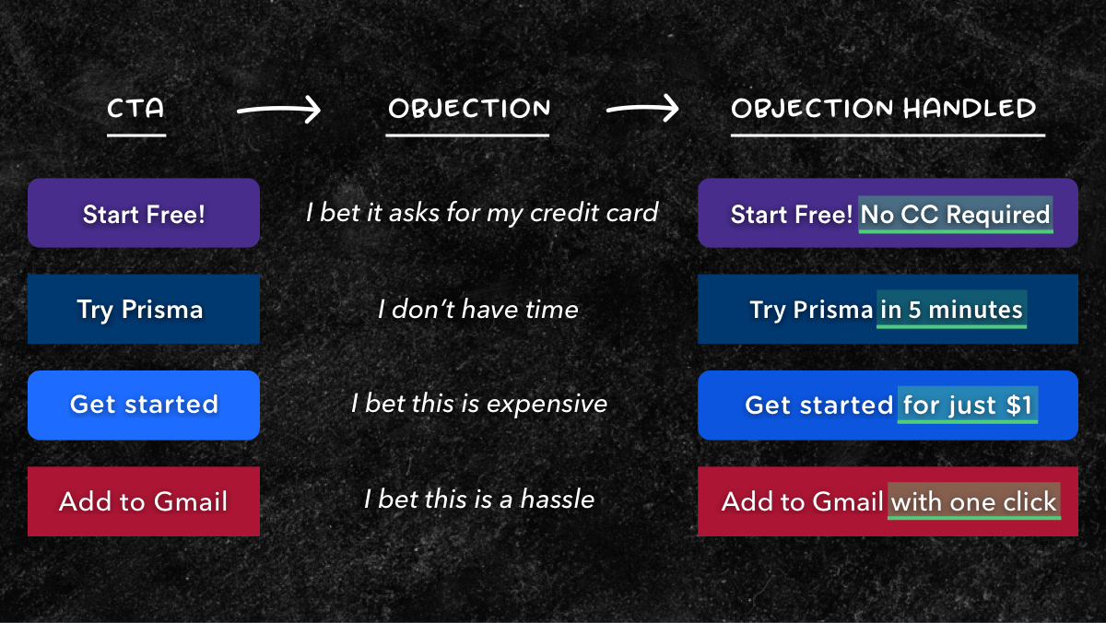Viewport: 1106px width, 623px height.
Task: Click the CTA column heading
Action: [x=135, y=108]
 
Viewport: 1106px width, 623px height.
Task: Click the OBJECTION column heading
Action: [x=469, y=108]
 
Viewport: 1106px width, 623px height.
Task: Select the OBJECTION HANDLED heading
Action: [x=883, y=108]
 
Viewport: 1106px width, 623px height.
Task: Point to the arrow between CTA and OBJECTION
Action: [x=279, y=110]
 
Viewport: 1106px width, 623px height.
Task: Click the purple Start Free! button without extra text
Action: [x=144, y=213]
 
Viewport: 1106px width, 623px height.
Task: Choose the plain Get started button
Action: [x=144, y=406]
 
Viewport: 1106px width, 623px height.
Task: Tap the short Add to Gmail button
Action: [x=144, y=501]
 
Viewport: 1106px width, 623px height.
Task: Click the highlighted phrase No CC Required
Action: [x=956, y=215]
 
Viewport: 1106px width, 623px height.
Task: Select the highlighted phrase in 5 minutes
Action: [x=951, y=310]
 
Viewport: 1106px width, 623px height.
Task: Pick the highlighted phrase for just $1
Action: [x=967, y=406]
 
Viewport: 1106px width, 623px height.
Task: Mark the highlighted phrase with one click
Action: [x=973, y=501]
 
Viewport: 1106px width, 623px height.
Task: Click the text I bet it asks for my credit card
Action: [x=482, y=213]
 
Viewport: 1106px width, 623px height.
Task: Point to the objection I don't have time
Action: [x=478, y=310]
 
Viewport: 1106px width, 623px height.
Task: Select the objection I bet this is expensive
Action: [x=479, y=404]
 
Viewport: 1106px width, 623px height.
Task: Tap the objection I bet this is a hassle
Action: [x=479, y=499]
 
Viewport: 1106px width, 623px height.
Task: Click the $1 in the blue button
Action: [x=1018, y=406]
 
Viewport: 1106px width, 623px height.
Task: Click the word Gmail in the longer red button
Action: [x=847, y=501]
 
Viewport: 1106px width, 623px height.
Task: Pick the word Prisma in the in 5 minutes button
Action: [x=833, y=310]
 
